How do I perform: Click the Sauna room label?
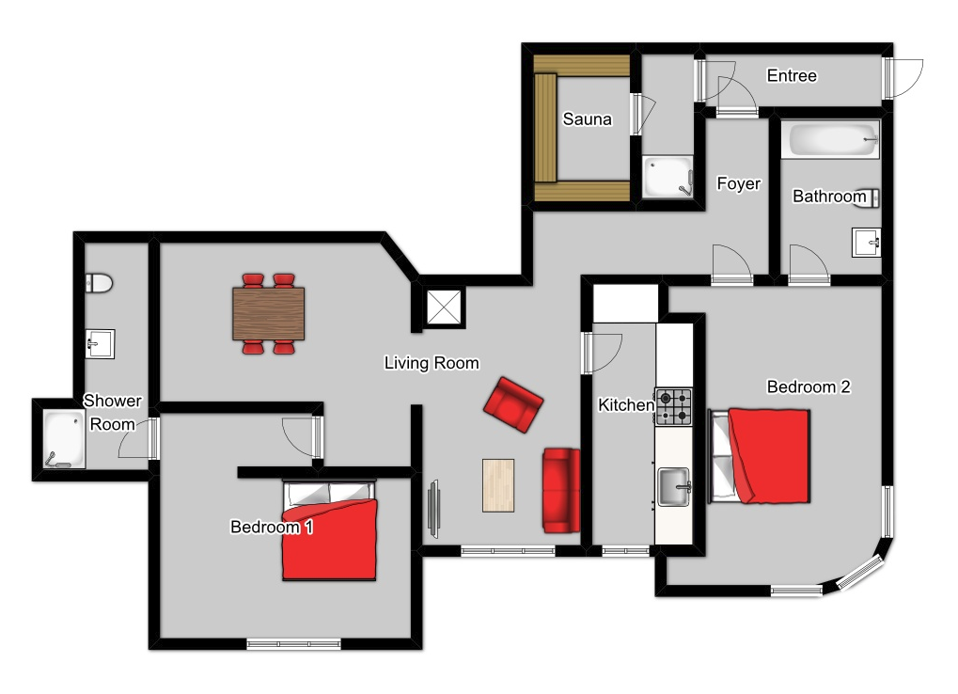pyautogui.click(x=587, y=119)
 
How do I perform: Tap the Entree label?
pyautogui.click(x=792, y=76)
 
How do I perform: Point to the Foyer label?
pyautogui.click(x=738, y=184)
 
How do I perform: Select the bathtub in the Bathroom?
pyautogui.click(x=830, y=140)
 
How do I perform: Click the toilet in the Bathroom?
pyautogui.click(x=868, y=197)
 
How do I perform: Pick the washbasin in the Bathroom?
pyautogui.click(x=867, y=243)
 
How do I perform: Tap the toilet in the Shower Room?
pyautogui.click(x=99, y=283)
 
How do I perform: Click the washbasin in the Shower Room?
pyautogui.click(x=100, y=344)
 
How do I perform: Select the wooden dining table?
pyautogui.click(x=268, y=314)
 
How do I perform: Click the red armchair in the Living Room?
pyautogui.click(x=513, y=404)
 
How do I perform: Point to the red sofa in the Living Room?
pyautogui.click(x=561, y=491)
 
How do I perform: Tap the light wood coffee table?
pyautogui.click(x=498, y=485)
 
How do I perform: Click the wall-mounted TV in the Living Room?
pyautogui.click(x=433, y=509)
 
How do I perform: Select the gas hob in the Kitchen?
pyautogui.click(x=673, y=407)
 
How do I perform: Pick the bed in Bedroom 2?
pyautogui.click(x=759, y=456)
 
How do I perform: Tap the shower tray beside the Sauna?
pyautogui.click(x=667, y=177)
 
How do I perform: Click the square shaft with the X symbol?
pyautogui.click(x=444, y=307)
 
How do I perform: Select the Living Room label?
pyautogui.click(x=432, y=363)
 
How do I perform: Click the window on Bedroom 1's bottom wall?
pyautogui.click(x=293, y=644)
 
